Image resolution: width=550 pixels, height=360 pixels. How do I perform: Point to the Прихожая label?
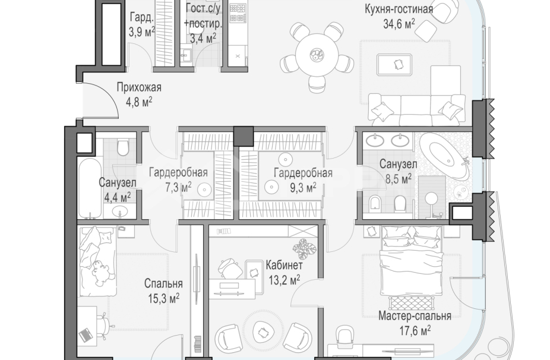(x=139, y=88)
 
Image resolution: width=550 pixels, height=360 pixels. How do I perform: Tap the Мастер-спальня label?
(x=415, y=316)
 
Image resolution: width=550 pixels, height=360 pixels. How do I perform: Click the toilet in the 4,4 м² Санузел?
(x=122, y=146)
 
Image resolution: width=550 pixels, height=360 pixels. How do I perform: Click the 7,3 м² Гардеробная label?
(x=178, y=173)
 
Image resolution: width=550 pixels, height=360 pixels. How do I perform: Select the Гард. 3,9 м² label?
(x=141, y=24)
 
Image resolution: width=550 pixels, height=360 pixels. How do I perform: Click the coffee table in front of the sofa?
(x=394, y=63)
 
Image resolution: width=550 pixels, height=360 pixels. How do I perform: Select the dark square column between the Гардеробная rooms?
(x=244, y=136)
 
